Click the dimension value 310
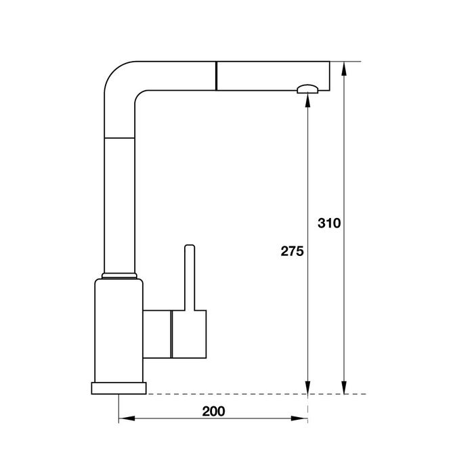pos(329,223)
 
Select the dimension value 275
pos(292,251)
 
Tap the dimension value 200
pos(213,411)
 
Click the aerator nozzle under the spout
pos(307,89)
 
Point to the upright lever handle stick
pos(190,278)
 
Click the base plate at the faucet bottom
pos(118,388)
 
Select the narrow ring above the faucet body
pos(119,276)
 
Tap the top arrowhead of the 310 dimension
pos(344,69)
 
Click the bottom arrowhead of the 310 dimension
pos(344,387)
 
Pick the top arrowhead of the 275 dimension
pos(307,100)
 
